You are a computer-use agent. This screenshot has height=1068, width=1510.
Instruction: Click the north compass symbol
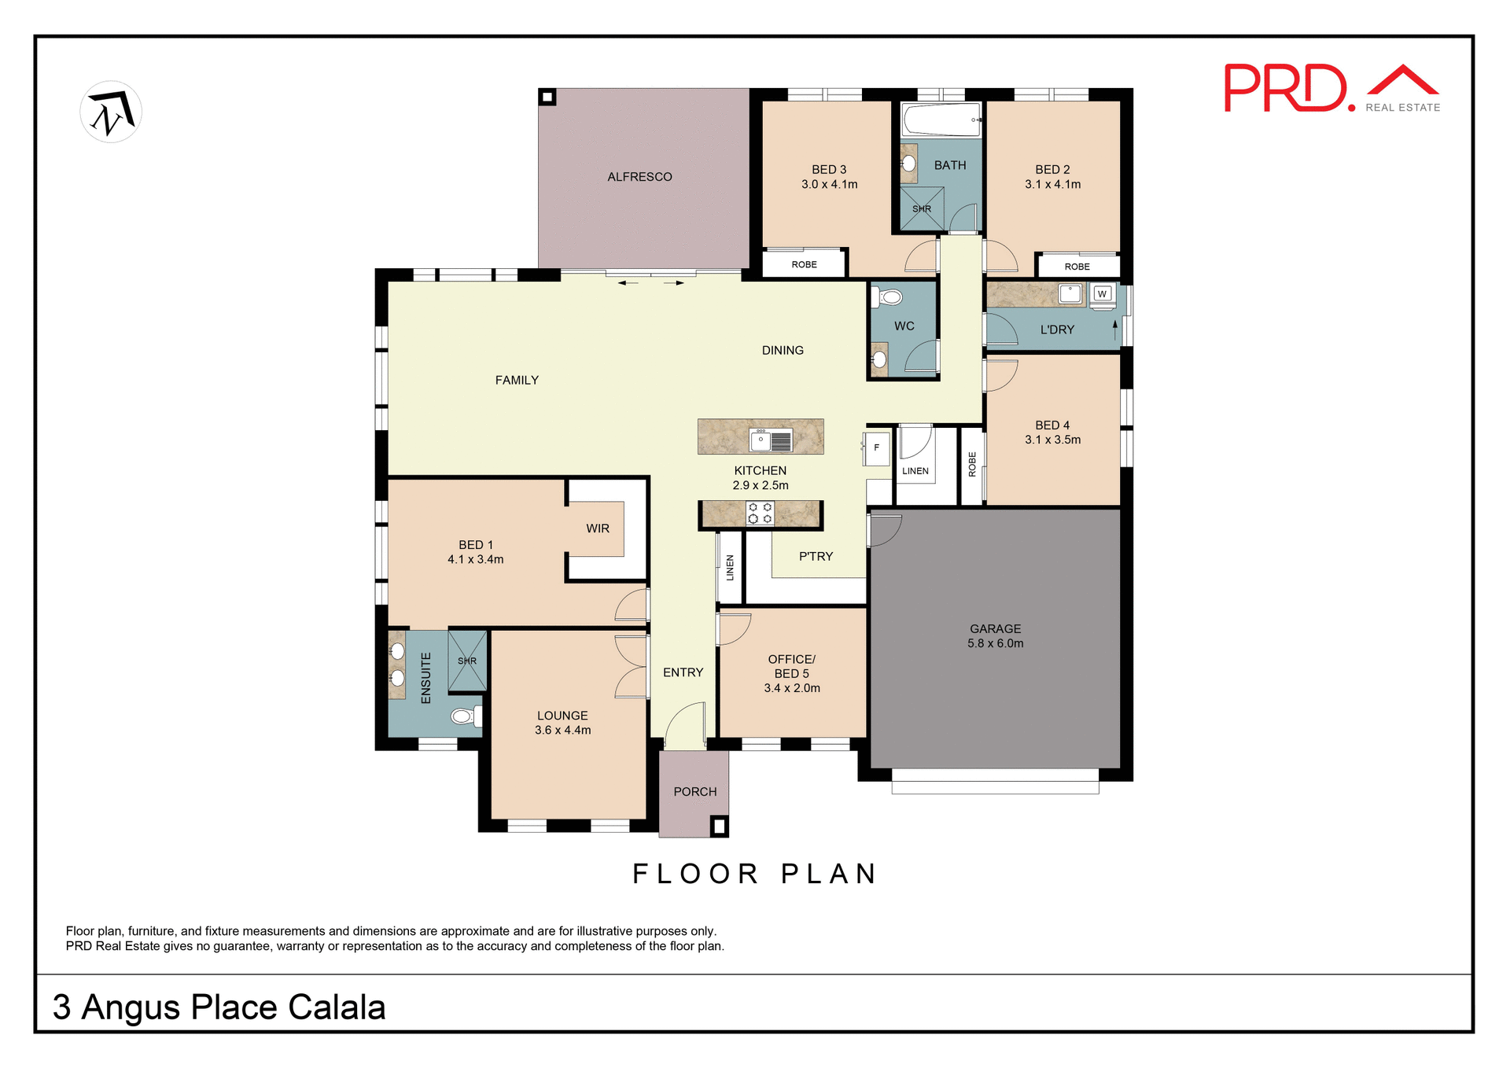tap(111, 112)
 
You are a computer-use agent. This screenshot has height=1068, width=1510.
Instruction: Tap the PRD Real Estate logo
tap(1331, 89)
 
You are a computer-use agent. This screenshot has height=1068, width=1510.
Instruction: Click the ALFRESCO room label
tap(639, 177)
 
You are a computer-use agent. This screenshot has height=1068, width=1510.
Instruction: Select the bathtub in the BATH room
tap(941, 120)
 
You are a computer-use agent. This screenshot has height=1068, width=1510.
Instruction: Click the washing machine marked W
tap(1102, 294)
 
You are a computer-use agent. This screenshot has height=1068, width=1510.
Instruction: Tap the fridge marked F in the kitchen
tap(876, 448)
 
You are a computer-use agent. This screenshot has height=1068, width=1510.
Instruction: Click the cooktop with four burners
tap(760, 514)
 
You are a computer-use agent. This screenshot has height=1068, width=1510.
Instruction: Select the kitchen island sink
tap(772, 440)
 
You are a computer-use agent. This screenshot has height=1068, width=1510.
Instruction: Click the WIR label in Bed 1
tap(598, 528)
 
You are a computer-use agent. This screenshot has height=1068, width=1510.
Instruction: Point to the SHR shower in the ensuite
tap(467, 661)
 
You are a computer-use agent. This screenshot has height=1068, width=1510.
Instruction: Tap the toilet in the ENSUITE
tap(465, 716)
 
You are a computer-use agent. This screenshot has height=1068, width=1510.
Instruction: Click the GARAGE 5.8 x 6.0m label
tap(995, 636)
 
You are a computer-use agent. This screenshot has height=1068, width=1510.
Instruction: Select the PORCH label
tap(694, 792)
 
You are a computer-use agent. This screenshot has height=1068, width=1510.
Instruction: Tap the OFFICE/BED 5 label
tap(791, 673)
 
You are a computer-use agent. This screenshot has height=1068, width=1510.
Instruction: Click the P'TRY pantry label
tap(816, 557)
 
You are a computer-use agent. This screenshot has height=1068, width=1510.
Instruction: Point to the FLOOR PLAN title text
tap(755, 874)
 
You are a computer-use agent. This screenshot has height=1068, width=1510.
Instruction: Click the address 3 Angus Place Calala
tap(219, 1007)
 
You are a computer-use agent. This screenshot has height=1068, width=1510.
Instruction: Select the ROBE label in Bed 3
tap(804, 264)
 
